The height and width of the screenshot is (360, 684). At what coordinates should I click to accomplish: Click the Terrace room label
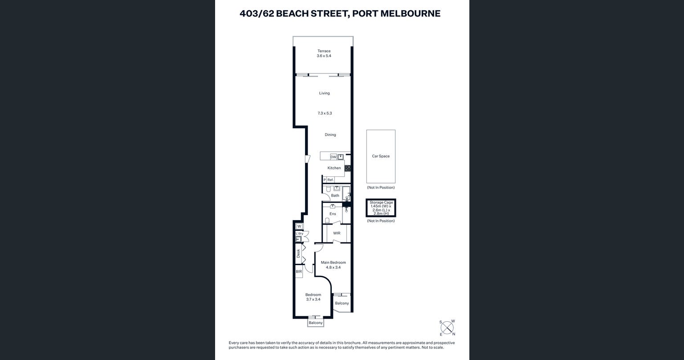coord(324,51)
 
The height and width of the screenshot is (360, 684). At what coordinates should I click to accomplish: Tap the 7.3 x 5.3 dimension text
coord(325,113)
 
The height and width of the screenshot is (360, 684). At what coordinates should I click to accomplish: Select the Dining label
coord(330,135)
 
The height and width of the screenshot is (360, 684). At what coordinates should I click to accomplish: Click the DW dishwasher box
coord(333,157)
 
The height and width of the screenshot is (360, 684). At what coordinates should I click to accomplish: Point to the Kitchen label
coord(334,168)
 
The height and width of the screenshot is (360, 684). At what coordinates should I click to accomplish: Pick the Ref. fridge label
coord(330,180)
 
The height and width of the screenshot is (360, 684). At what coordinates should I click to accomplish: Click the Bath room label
coord(335,195)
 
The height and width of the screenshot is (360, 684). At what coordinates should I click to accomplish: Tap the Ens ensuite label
coord(333,214)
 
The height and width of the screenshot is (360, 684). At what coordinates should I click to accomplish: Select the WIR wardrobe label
coord(337,233)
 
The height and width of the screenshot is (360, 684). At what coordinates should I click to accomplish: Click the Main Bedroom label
coord(333,262)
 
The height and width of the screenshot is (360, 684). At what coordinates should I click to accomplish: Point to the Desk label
coord(298,254)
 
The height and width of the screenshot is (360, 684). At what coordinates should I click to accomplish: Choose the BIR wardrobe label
coord(298,271)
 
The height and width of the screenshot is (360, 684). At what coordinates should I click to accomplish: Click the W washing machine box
coord(299,226)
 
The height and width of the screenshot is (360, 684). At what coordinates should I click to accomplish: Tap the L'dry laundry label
coord(299,233)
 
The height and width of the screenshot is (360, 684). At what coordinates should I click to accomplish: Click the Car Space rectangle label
coord(381,156)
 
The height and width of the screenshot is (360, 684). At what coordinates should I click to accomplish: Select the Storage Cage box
coord(381,208)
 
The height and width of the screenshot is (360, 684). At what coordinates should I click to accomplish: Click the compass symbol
coord(447,327)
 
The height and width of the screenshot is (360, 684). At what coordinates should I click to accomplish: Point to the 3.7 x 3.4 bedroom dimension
coord(313,299)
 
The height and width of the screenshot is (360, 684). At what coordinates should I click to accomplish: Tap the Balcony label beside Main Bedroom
coord(342,303)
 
